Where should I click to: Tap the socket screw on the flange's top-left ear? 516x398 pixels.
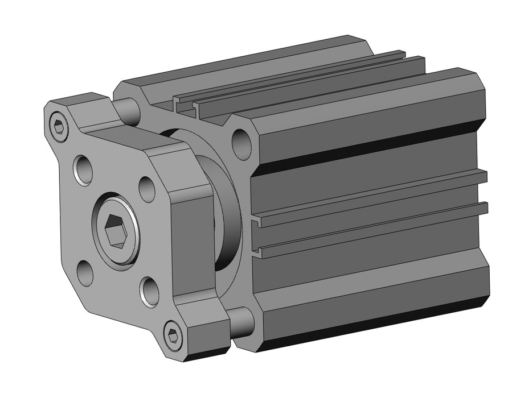59,127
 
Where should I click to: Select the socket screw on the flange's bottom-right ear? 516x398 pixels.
173,335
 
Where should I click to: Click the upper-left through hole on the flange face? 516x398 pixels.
84,169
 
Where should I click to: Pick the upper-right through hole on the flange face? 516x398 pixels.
147,189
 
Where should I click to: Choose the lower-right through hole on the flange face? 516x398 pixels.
150,292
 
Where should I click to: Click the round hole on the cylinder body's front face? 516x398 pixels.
241,143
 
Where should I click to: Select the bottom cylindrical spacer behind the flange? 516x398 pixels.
242,322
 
